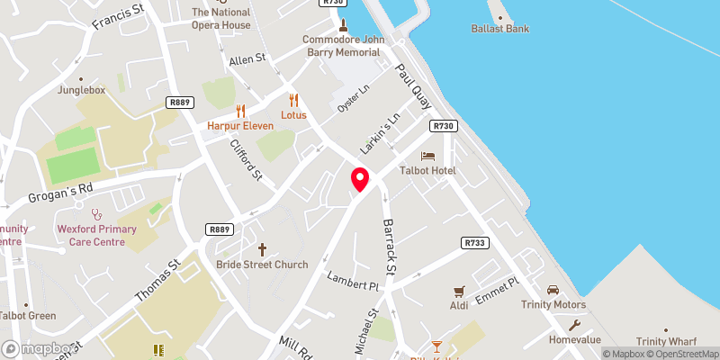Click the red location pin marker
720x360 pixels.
pyautogui.click(x=360, y=179)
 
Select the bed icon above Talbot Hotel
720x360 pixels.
pyautogui.click(x=427, y=157)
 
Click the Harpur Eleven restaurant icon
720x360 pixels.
pyautogui.click(x=240, y=112)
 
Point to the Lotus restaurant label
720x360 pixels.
pyautogui.click(x=293, y=115)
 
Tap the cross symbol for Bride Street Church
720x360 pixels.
pyautogui.click(x=263, y=248)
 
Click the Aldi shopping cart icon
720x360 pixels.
pyautogui.click(x=460, y=291)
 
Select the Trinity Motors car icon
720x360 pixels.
pyautogui.click(x=553, y=289)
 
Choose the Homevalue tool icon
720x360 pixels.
pyautogui.click(x=574, y=326)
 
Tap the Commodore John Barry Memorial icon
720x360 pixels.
pyautogui.click(x=343, y=23)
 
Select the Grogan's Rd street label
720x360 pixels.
pyautogui.click(x=61, y=192)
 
